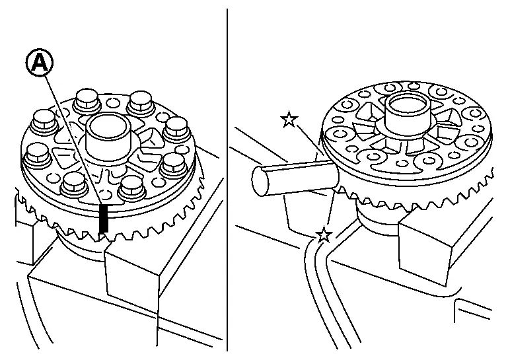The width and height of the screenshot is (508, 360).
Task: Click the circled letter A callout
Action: point(39,64)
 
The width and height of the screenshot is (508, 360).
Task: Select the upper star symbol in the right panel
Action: point(288,120)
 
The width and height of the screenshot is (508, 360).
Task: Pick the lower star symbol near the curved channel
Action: point(323,235)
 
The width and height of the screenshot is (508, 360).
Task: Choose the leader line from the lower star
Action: point(329,211)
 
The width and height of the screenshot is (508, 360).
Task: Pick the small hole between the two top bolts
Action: point(112,103)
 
